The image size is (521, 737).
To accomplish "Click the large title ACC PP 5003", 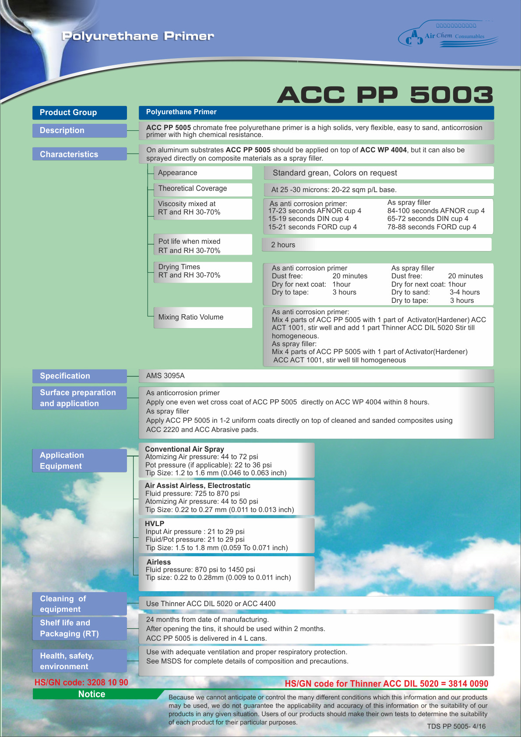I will (385, 95).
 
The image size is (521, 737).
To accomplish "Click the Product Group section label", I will (79, 112).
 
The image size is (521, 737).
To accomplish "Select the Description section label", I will (79, 130).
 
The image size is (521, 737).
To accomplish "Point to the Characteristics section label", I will (79, 154).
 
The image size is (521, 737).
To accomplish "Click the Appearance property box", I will (203, 173).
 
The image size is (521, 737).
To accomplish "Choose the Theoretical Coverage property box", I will (203, 189).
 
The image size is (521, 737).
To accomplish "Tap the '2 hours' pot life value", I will (283, 245).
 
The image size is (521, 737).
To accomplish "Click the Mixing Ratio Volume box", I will (203, 317).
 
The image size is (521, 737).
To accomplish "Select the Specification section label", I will (79, 376).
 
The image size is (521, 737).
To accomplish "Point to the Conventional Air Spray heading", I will (184, 449).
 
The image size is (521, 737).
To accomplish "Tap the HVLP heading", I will (155, 523).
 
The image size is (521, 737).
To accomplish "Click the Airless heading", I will (158, 562).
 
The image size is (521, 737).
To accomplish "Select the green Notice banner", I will (92, 694).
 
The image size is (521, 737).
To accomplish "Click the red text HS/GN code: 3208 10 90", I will (81, 682).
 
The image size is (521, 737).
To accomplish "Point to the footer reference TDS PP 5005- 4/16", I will (456, 726).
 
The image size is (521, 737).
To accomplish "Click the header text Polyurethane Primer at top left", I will (138, 36).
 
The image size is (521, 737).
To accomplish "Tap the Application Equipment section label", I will (79, 460).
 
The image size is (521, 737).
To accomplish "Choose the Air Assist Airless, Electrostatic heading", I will (197, 485).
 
